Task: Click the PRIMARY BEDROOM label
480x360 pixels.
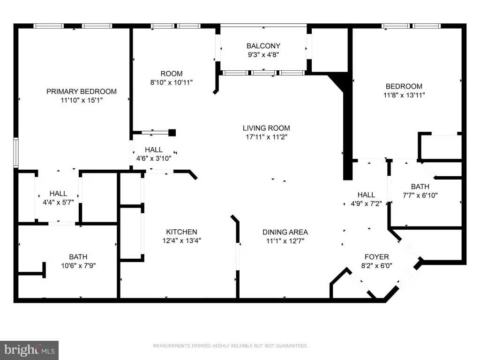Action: pos(82,91)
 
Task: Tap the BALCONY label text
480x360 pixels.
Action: pos(263,46)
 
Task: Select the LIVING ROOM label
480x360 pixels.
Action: pos(266,128)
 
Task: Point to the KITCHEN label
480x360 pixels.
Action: pos(181,232)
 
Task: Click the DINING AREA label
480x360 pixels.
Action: pos(285,232)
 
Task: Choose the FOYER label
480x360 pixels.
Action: pos(376,257)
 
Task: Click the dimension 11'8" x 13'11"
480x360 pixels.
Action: pos(404,95)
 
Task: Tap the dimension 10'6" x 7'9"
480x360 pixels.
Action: pos(78,266)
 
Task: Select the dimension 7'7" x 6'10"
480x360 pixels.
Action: pos(420,195)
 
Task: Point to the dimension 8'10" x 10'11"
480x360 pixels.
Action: pos(172,82)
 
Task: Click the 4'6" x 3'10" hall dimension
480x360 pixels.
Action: pos(154,158)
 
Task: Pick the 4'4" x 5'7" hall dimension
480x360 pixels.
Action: pos(58,202)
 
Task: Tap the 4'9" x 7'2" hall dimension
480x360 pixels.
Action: pos(366,203)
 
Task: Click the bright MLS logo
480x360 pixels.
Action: pos(30,350)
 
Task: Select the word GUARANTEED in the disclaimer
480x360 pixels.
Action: pos(292,346)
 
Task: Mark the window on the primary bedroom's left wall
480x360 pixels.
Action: pos(16,153)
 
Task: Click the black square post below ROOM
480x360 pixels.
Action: pos(172,133)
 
